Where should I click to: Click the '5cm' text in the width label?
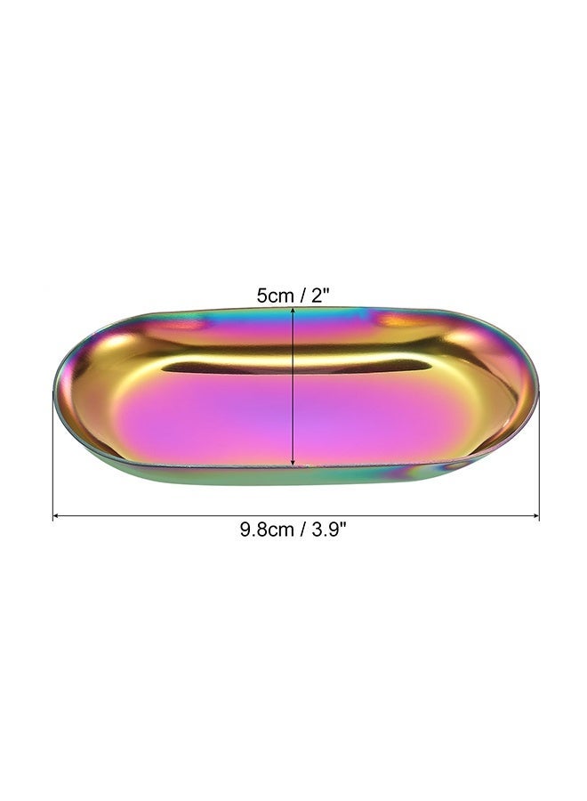pos(275,295)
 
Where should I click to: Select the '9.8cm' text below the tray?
pos(267,530)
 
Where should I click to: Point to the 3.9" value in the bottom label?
pos(329,529)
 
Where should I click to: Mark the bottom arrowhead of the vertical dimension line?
pos(293,463)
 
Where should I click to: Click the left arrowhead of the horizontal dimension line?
pos(56,516)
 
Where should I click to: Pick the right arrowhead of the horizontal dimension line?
pos(536,516)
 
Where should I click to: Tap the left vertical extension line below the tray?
pos(53,456)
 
